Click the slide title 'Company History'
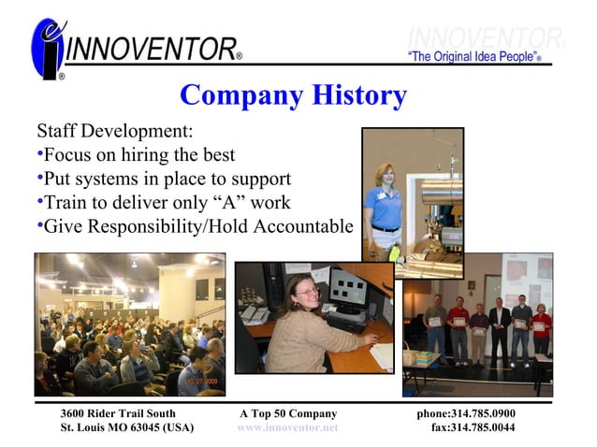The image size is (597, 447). [x=293, y=95]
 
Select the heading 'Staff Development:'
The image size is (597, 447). [x=114, y=130]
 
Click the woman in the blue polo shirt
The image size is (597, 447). [x=386, y=207]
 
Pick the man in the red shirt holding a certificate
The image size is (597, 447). [x=457, y=326]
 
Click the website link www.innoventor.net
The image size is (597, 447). [x=287, y=427]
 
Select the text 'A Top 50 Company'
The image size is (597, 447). [x=287, y=413]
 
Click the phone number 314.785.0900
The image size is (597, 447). [x=482, y=413]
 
